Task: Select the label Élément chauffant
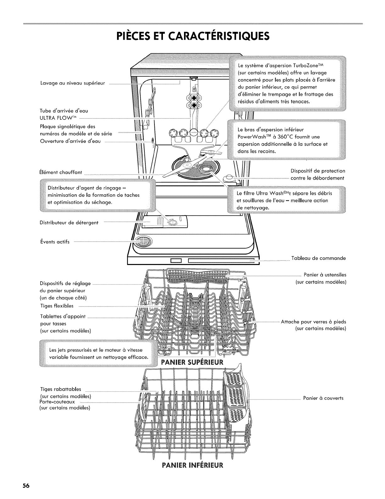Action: [x=61, y=172]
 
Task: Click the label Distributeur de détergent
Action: [x=69, y=223]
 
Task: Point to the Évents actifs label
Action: [x=54, y=242]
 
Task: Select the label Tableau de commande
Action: [x=318, y=258]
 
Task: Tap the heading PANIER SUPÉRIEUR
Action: [x=192, y=361]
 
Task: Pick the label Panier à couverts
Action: [x=323, y=398]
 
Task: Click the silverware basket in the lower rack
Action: [x=236, y=399]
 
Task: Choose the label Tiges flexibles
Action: [x=57, y=306]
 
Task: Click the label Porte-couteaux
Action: [x=57, y=402]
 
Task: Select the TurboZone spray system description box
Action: [x=287, y=83]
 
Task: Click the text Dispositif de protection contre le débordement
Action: [x=318, y=175]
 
